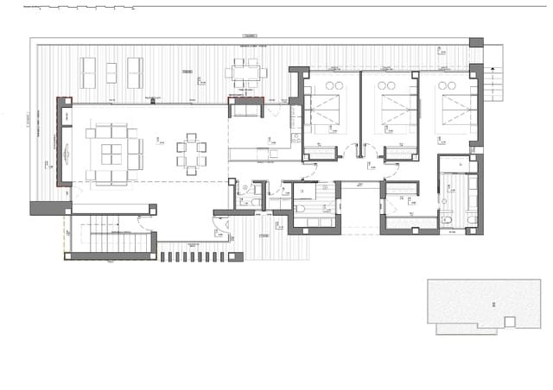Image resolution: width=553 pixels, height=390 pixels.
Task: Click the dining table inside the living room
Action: click(x=193, y=154)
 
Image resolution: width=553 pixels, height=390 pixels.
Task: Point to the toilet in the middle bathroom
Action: click(x=302, y=208)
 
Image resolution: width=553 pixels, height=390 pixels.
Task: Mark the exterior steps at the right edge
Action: click(x=491, y=82)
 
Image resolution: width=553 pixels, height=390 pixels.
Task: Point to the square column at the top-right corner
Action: click(x=476, y=42)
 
